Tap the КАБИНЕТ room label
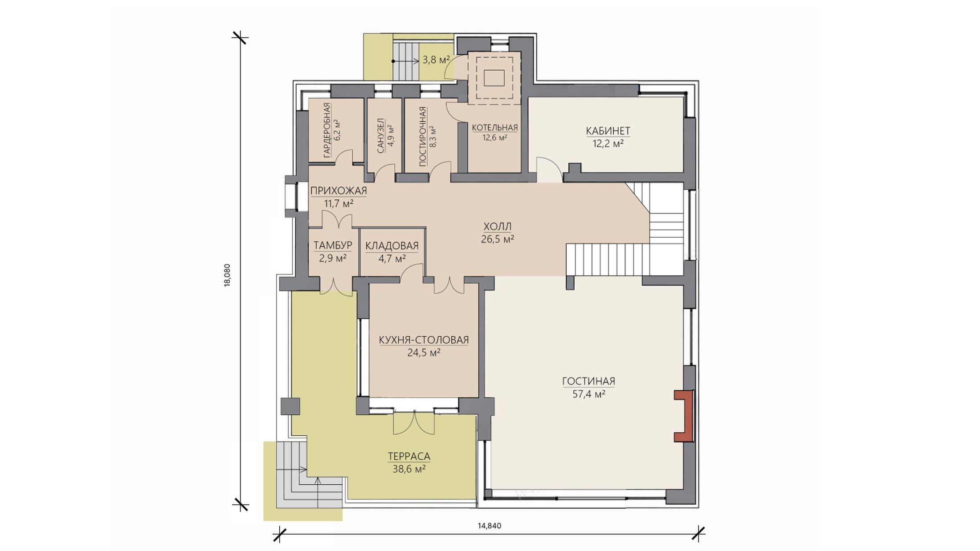(x=608, y=131)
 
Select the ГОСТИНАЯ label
(x=588, y=381)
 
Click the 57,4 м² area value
(x=588, y=394)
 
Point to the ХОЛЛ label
(x=497, y=227)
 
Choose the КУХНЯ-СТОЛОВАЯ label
(x=424, y=340)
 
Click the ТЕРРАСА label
(x=409, y=456)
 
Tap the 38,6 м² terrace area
(x=409, y=469)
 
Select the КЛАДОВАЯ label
(x=392, y=246)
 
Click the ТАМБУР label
(x=333, y=245)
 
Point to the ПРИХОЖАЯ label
(x=339, y=191)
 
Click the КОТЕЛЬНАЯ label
(x=495, y=128)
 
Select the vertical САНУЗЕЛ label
(x=380, y=136)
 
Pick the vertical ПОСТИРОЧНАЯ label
(x=423, y=136)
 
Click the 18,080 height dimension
(x=227, y=275)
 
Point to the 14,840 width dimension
(x=490, y=526)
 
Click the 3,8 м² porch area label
(x=436, y=60)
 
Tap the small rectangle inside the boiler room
(x=494, y=78)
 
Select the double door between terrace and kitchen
(x=414, y=422)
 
